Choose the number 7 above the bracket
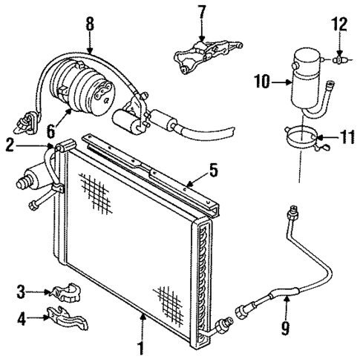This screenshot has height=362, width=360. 200,13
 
